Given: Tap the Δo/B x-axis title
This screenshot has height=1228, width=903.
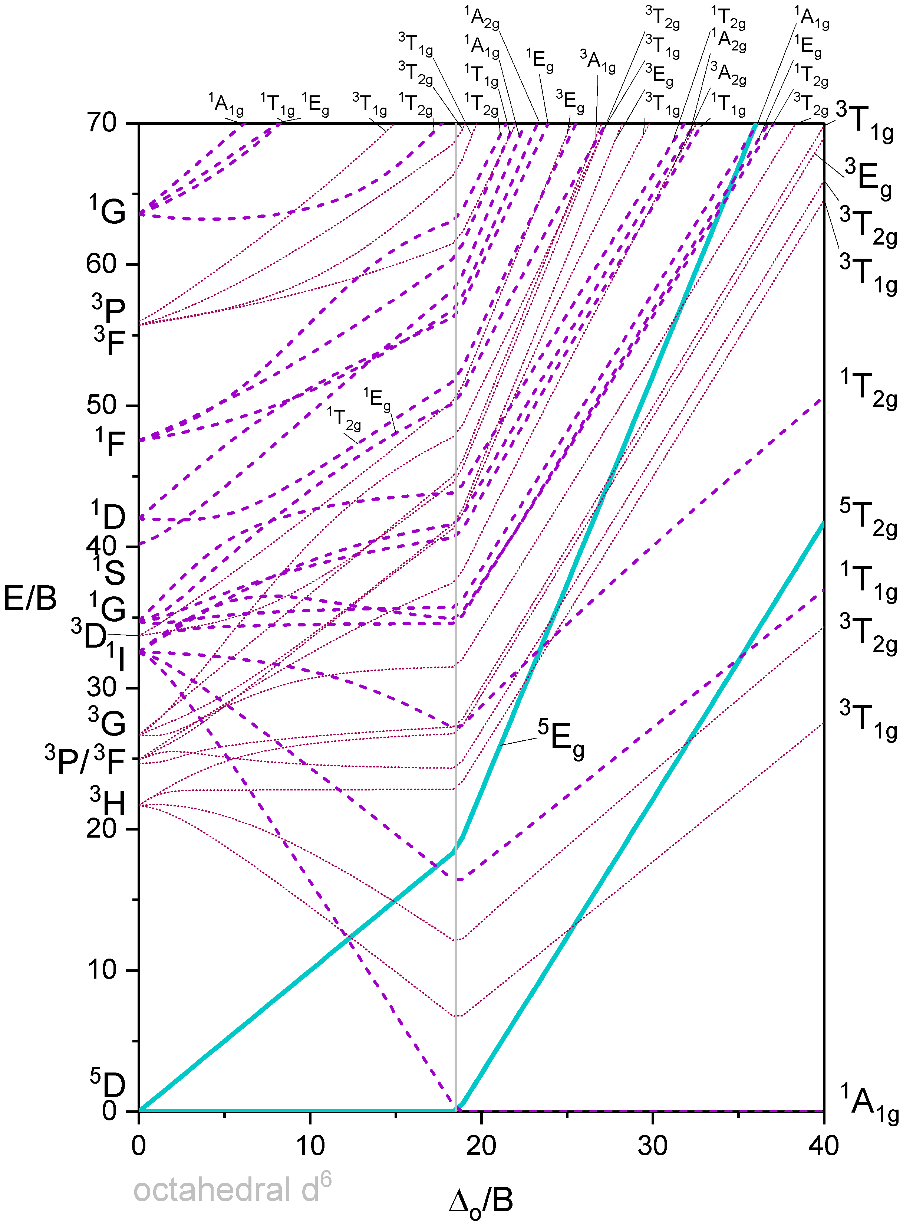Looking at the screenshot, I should point(481,1201).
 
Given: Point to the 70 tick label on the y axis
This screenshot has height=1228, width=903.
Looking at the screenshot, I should point(102,122).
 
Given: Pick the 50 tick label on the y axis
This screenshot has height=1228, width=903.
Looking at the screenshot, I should point(102,405).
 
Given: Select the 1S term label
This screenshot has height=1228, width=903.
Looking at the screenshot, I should point(109,570).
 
